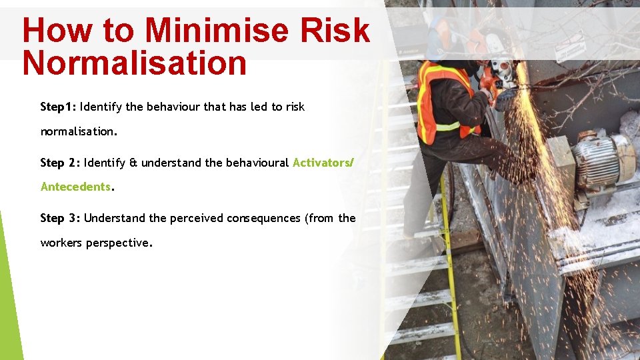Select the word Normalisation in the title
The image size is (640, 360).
point(134,63)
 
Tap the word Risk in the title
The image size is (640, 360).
point(336,31)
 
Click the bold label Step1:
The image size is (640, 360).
point(58,107)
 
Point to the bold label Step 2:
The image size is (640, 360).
point(60,163)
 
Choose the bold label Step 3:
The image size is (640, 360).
point(60,218)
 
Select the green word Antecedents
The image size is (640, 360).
point(75,187)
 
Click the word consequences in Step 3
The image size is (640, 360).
point(264,218)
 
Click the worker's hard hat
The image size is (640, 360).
point(441,30)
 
